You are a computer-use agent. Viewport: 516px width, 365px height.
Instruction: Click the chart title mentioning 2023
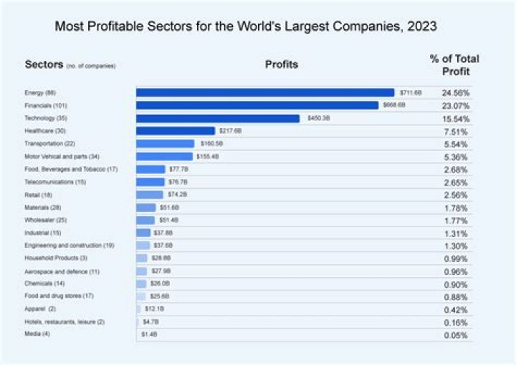coord(246,27)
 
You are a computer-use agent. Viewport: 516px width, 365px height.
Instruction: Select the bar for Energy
coord(265,92)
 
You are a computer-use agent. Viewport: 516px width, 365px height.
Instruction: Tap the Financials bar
coord(257,105)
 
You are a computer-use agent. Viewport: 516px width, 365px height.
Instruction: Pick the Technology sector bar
coord(217,118)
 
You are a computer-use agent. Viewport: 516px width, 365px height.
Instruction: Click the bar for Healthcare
coord(175,131)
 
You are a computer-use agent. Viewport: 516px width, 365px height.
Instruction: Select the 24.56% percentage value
coord(455,93)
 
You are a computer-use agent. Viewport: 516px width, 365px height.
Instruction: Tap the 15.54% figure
coord(455,118)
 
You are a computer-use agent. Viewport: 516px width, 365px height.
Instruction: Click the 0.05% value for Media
coord(455,335)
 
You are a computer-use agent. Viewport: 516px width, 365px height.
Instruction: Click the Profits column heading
coord(282,64)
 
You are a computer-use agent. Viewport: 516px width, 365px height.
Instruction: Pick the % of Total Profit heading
coord(454,64)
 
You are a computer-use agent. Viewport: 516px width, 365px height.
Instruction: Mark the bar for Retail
coord(149,195)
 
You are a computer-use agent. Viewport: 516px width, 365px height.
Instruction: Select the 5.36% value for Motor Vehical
coord(455,157)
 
